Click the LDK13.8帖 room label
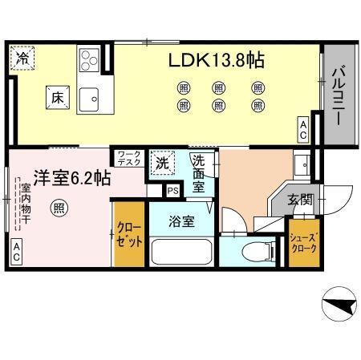click(x=217, y=61)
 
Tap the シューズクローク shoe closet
click(x=302, y=243)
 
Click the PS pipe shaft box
click(x=173, y=191)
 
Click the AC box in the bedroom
click(x=17, y=257)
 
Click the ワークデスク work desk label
click(x=128, y=158)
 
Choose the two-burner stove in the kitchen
click(x=88, y=59)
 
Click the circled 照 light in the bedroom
click(x=59, y=208)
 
